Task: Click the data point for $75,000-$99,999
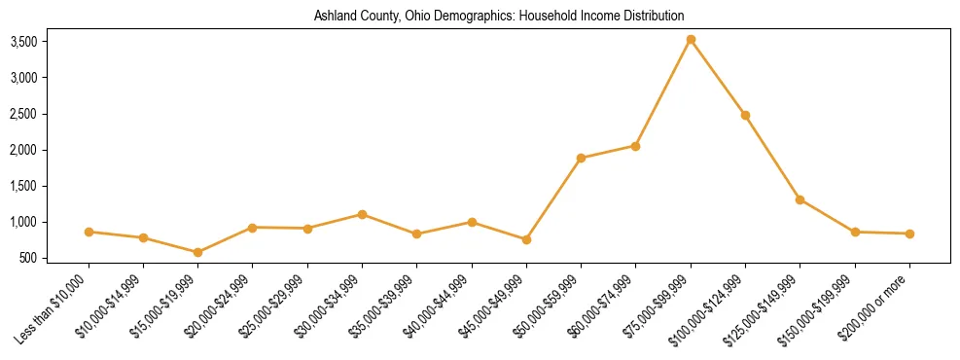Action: tap(691, 40)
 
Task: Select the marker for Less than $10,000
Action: tap(89, 232)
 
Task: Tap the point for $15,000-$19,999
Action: tap(198, 252)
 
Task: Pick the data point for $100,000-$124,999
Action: tap(745, 115)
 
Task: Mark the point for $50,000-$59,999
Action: tap(581, 158)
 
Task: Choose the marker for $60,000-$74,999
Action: tap(635, 146)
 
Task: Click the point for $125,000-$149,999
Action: tap(800, 199)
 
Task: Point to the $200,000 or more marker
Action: tap(909, 234)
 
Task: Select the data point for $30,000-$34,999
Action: tap(362, 214)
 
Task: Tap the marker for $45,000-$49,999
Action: tap(526, 239)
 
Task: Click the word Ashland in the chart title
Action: tap(333, 17)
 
